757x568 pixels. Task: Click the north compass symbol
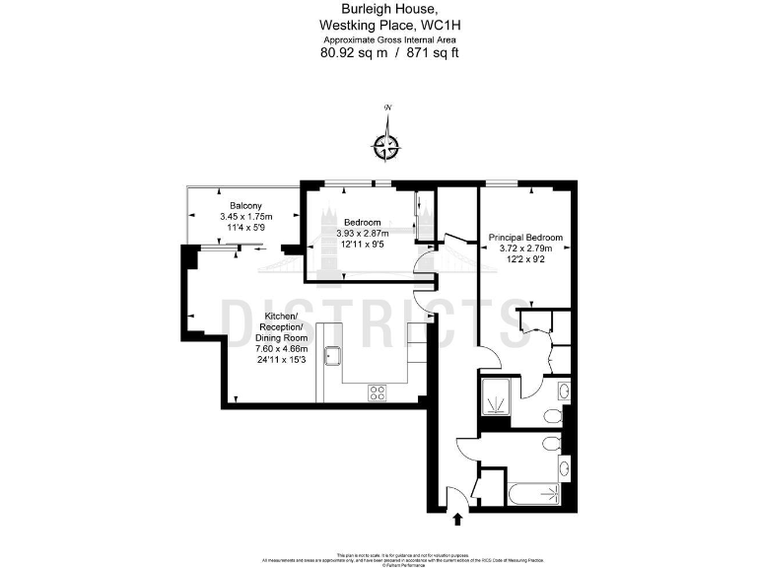pyautogui.click(x=387, y=146)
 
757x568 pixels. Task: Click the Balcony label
pyautogui.click(x=245, y=205)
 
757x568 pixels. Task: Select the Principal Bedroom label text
pyautogui.click(x=525, y=238)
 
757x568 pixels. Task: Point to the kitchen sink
pyautogui.click(x=332, y=358)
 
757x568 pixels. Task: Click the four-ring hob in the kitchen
pyautogui.click(x=377, y=392)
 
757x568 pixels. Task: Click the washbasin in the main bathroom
pyautogui.click(x=563, y=467)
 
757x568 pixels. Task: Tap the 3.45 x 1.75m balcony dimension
pyautogui.click(x=245, y=217)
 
